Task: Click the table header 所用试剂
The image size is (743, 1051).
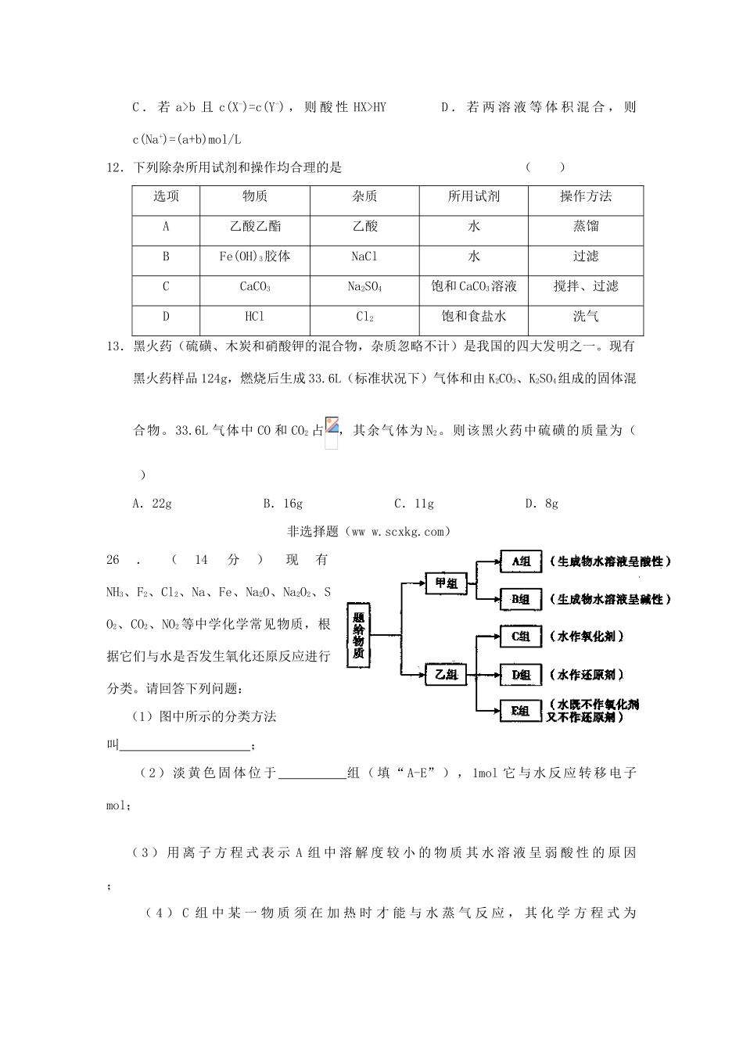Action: (x=474, y=197)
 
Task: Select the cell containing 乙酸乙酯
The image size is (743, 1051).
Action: (x=255, y=227)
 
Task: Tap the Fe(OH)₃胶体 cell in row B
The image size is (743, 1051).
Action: (x=255, y=256)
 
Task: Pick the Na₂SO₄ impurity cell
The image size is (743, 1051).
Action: (x=364, y=287)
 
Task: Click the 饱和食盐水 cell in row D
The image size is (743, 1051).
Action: (x=474, y=317)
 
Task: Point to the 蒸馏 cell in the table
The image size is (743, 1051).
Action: (x=586, y=227)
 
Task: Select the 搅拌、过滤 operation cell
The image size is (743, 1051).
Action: (x=586, y=287)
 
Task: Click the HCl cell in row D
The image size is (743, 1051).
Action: (x=255, y=317)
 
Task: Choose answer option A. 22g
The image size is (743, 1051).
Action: (x=153, y=504)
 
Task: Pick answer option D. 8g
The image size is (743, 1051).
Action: (x=542, y=504)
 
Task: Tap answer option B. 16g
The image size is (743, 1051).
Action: (x=283, y=504)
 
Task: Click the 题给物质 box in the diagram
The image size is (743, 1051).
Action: (x=358, y=636)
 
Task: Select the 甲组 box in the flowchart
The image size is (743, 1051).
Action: (x=447, y=583)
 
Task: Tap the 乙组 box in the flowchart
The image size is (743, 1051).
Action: (x=447, y=674)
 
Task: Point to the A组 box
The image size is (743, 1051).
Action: (x=521, y=561)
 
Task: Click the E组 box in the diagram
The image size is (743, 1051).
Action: (x=521, y=711)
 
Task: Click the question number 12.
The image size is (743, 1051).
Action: (x=115, y=167)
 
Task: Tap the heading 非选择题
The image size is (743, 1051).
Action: (x=313, y=532)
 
